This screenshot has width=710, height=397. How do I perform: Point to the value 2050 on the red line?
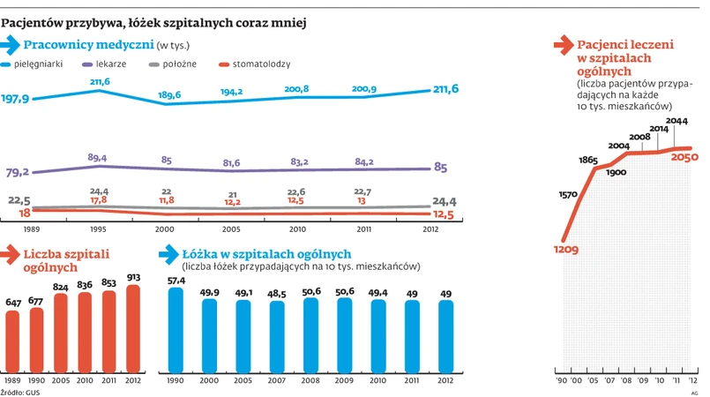pyautogui.click(x=684, y=157)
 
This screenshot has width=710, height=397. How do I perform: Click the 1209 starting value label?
pyautogui.click(x=565, y=251)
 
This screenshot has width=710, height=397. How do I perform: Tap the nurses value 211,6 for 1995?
pyautogui.click(x=100, y=81)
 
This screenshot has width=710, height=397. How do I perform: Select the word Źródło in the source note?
pyautogui.click(x=11, y=391)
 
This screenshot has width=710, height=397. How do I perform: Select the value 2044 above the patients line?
pyautogui.click(x=676, y=121)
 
